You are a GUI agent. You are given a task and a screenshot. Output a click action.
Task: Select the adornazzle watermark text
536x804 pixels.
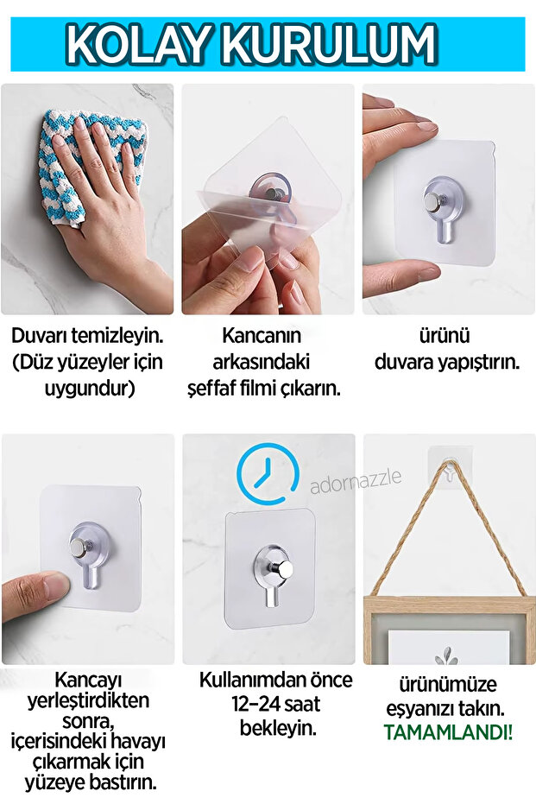[x=356, y=482]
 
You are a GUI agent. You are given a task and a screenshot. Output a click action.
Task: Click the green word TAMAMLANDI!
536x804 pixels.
[x=447, y=732]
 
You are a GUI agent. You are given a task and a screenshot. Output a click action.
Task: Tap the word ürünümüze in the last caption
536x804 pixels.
[x=447, y=684]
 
